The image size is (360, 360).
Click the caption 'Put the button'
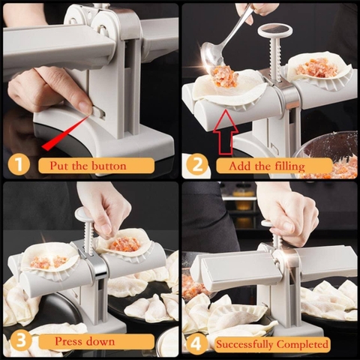pos(88,165)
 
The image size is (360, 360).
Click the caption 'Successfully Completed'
pos(271,344)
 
